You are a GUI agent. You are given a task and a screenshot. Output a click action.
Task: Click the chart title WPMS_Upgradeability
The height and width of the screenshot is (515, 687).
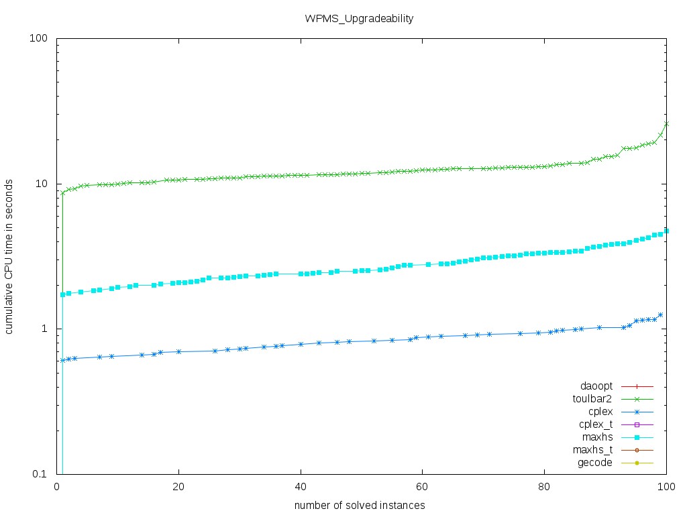pos(359,19)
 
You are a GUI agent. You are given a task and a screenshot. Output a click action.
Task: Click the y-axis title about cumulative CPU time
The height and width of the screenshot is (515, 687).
pos(11,256)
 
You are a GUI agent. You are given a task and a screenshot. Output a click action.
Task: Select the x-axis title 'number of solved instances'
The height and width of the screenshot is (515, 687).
pos(359,505)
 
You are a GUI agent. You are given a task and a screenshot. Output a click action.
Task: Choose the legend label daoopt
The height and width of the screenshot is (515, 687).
pos(596,387)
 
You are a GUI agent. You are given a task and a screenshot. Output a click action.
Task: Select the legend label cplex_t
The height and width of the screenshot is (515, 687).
pos(594,425)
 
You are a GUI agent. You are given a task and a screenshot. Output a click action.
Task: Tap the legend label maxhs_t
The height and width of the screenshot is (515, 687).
pos(593,451)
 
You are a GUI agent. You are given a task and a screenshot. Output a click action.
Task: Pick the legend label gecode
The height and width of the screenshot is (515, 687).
pos(594,463)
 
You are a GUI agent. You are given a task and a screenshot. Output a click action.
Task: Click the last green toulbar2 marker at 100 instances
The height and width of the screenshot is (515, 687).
pos(667,123)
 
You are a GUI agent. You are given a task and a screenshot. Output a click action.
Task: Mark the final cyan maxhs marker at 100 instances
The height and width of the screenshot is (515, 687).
pos(667,231)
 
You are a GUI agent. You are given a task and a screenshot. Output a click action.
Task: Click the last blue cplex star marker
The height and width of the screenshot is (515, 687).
pos(661,314)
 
